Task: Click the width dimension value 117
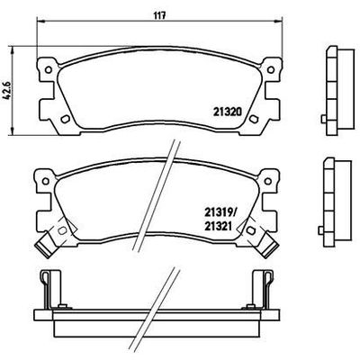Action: point(157,14)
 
